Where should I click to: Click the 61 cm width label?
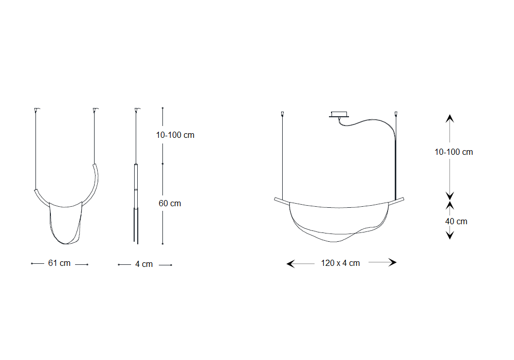[x=59, y=263]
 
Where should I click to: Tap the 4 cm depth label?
[x=144, y=264]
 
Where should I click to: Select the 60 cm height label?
[x=170, y=203]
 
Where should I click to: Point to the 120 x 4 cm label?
[x=340, y=263]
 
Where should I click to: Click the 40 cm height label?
[x=456, y=221]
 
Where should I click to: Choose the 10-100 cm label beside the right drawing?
[x=454, y=152]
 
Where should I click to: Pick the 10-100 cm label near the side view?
[x=175, y=135]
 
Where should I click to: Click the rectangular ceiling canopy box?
[x=339, y=114]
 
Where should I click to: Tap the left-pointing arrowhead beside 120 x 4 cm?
[x=291, y=264]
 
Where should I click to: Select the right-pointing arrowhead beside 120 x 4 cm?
[x=393, y=262]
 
